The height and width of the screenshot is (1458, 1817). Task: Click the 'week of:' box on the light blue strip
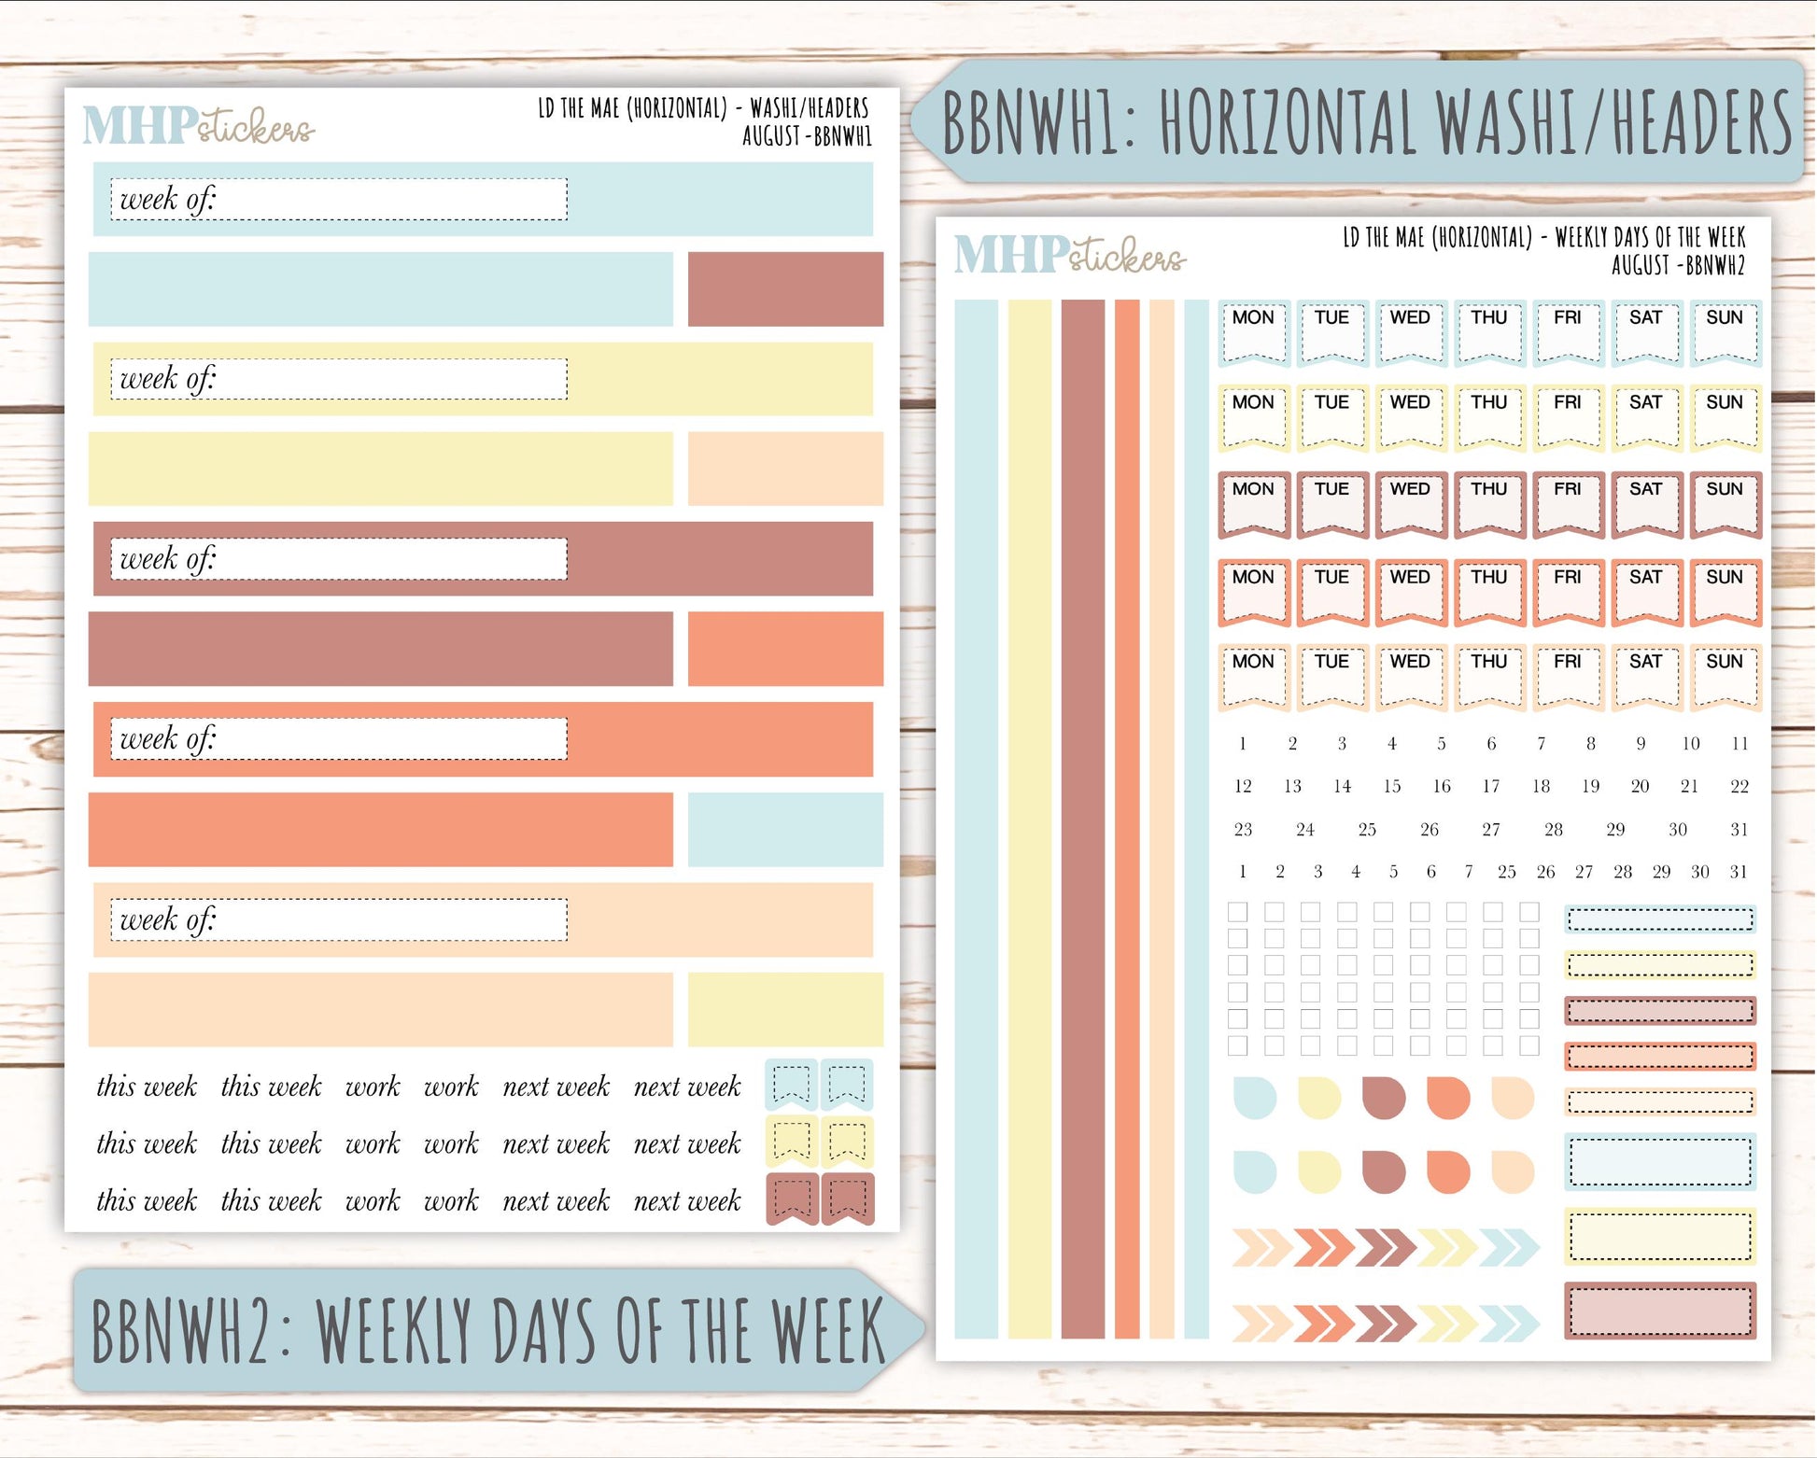[338, 200]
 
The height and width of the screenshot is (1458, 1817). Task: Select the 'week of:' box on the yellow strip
[338, 380]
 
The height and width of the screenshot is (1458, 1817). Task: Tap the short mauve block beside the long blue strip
[785, 289]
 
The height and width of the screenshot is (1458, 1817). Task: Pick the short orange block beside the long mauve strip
[785, 649]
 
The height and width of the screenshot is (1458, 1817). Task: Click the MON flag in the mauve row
[1254, 505]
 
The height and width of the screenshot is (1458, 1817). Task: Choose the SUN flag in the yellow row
[1725, 417]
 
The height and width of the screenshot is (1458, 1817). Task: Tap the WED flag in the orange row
[1410, 592]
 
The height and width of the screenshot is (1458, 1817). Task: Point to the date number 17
[1491, 787]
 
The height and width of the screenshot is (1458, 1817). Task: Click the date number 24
[1305, 830]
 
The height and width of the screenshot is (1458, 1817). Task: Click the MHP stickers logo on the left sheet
[198, 126]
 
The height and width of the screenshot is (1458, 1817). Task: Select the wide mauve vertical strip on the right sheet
[1082, 819]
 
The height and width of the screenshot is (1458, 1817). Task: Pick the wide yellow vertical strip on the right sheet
[1030, 819]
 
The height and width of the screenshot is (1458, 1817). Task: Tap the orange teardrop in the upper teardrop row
[1448, 1098]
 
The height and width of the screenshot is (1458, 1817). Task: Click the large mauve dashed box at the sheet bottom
[1659, 1311]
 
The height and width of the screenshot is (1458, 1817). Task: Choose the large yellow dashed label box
[1659, 1236]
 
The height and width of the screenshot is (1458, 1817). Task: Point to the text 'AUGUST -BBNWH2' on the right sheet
[1678, 266]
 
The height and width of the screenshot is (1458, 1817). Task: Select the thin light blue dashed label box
[1659, 920]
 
